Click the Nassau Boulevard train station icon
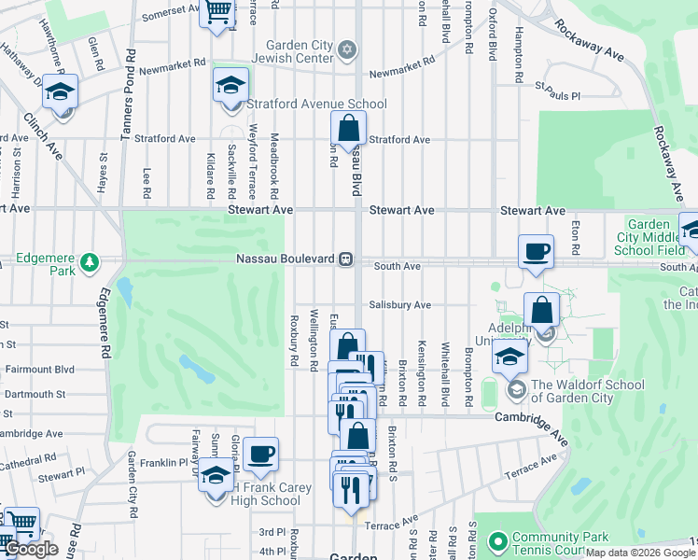point(345,259)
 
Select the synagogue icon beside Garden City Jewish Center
point(347,49)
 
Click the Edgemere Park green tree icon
point(90,261)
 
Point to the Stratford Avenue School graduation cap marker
point(230,86)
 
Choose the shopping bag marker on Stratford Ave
point(348,129)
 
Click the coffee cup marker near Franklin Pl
point(260,454)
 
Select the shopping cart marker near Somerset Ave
point(217,13)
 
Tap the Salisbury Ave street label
point(399,304)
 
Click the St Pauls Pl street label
point(557,95)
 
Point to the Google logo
point(31,550)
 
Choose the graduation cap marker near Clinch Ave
point(61,93)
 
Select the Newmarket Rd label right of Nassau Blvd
point(402,72)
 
